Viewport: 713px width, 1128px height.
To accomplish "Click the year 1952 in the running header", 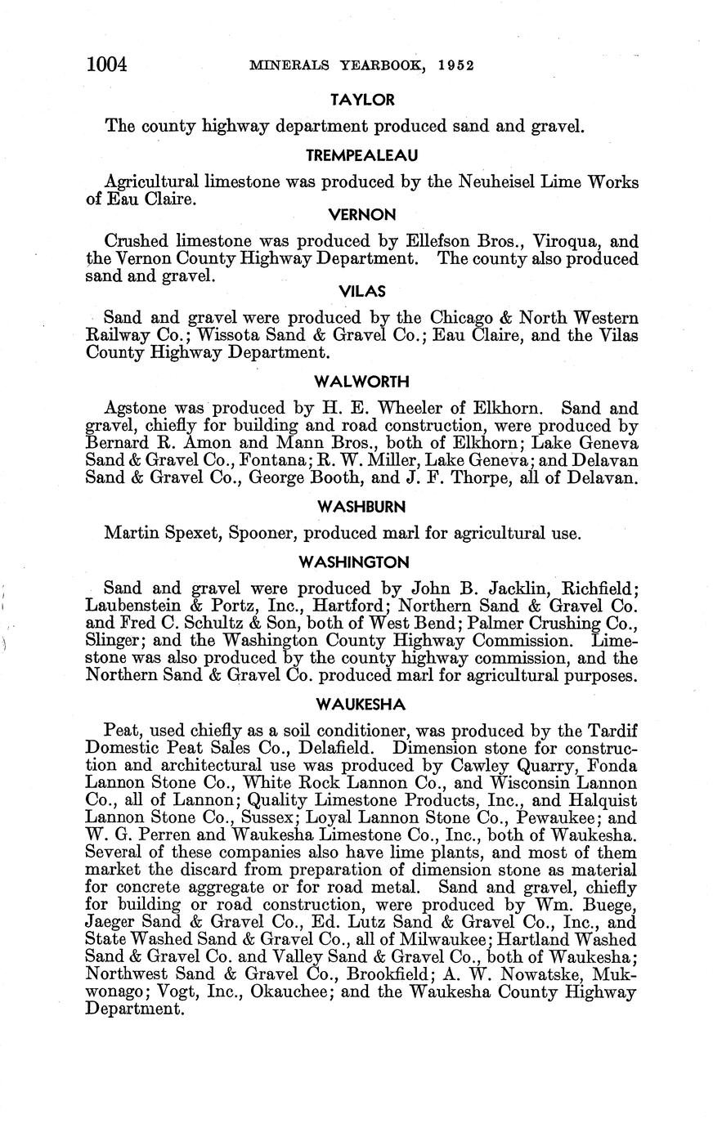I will point(456,66).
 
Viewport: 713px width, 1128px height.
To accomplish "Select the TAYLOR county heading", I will point(362,100).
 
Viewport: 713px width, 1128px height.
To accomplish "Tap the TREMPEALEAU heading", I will point(362,155).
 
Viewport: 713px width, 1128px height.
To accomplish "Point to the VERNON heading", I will point(362,215).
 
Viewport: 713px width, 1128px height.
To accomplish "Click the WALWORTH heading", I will point(362,382).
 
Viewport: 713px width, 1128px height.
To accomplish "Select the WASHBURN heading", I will point(362,507).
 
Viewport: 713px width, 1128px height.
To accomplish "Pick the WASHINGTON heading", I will point(362,562).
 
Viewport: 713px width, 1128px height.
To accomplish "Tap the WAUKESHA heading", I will point(362,705).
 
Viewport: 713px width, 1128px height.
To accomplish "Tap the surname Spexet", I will point(191,534).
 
